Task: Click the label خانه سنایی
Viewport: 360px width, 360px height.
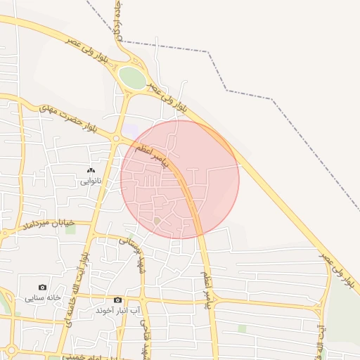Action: (x=44, y=298)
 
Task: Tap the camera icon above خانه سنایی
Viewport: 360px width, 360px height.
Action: (x=43, y=287)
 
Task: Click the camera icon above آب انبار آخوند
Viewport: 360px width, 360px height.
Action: (x=117, y=300)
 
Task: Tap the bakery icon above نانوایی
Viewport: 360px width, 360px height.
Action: (x=90, y=171)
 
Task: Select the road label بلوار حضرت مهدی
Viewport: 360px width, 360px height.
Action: (x=66, y=118)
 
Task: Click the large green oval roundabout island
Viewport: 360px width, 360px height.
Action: (x=131, y=77)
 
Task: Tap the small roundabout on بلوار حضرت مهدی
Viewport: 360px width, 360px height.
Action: (x=116, y=139)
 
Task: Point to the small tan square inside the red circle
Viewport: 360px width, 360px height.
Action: (x=157, y=221)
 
